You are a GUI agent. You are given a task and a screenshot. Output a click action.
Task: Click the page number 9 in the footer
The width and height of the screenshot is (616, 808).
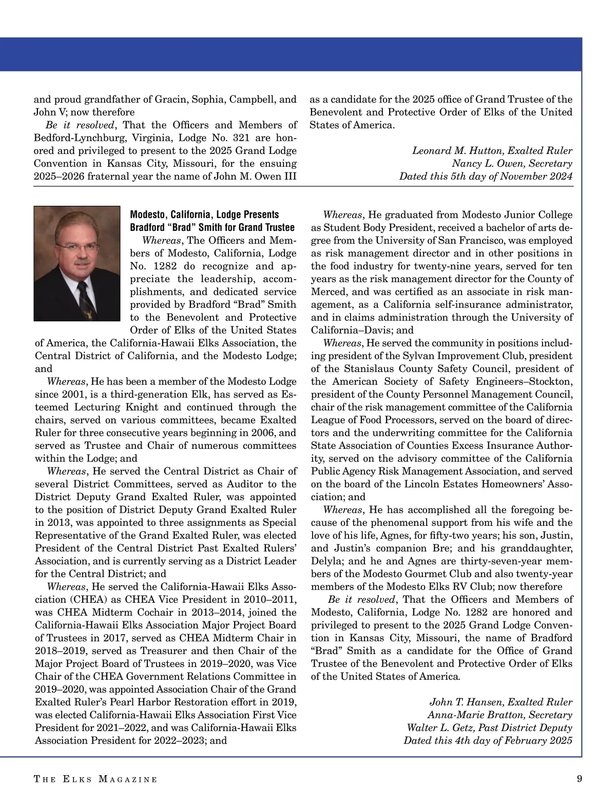[580, 779]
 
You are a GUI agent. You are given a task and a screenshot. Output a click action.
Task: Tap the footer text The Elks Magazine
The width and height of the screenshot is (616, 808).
[95, 779]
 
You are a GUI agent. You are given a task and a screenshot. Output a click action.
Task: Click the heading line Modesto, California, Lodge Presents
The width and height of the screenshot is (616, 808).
[204, 214]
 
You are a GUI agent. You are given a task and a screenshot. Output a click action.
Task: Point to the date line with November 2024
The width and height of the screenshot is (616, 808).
[486, 176]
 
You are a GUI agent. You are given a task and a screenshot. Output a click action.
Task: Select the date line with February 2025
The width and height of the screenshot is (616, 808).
[488, 741]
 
